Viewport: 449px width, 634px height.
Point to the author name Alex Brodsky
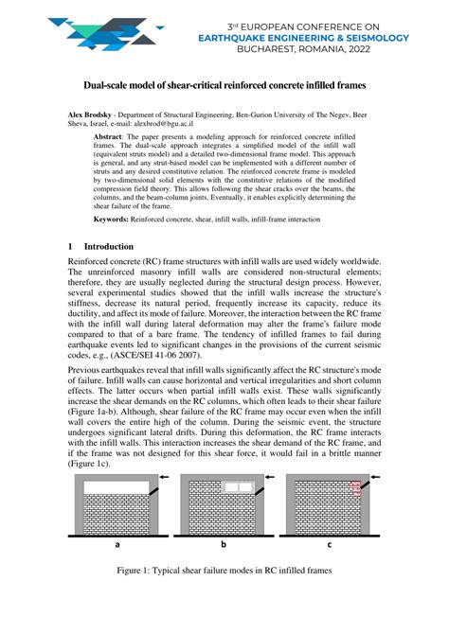[x=94, y=112]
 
